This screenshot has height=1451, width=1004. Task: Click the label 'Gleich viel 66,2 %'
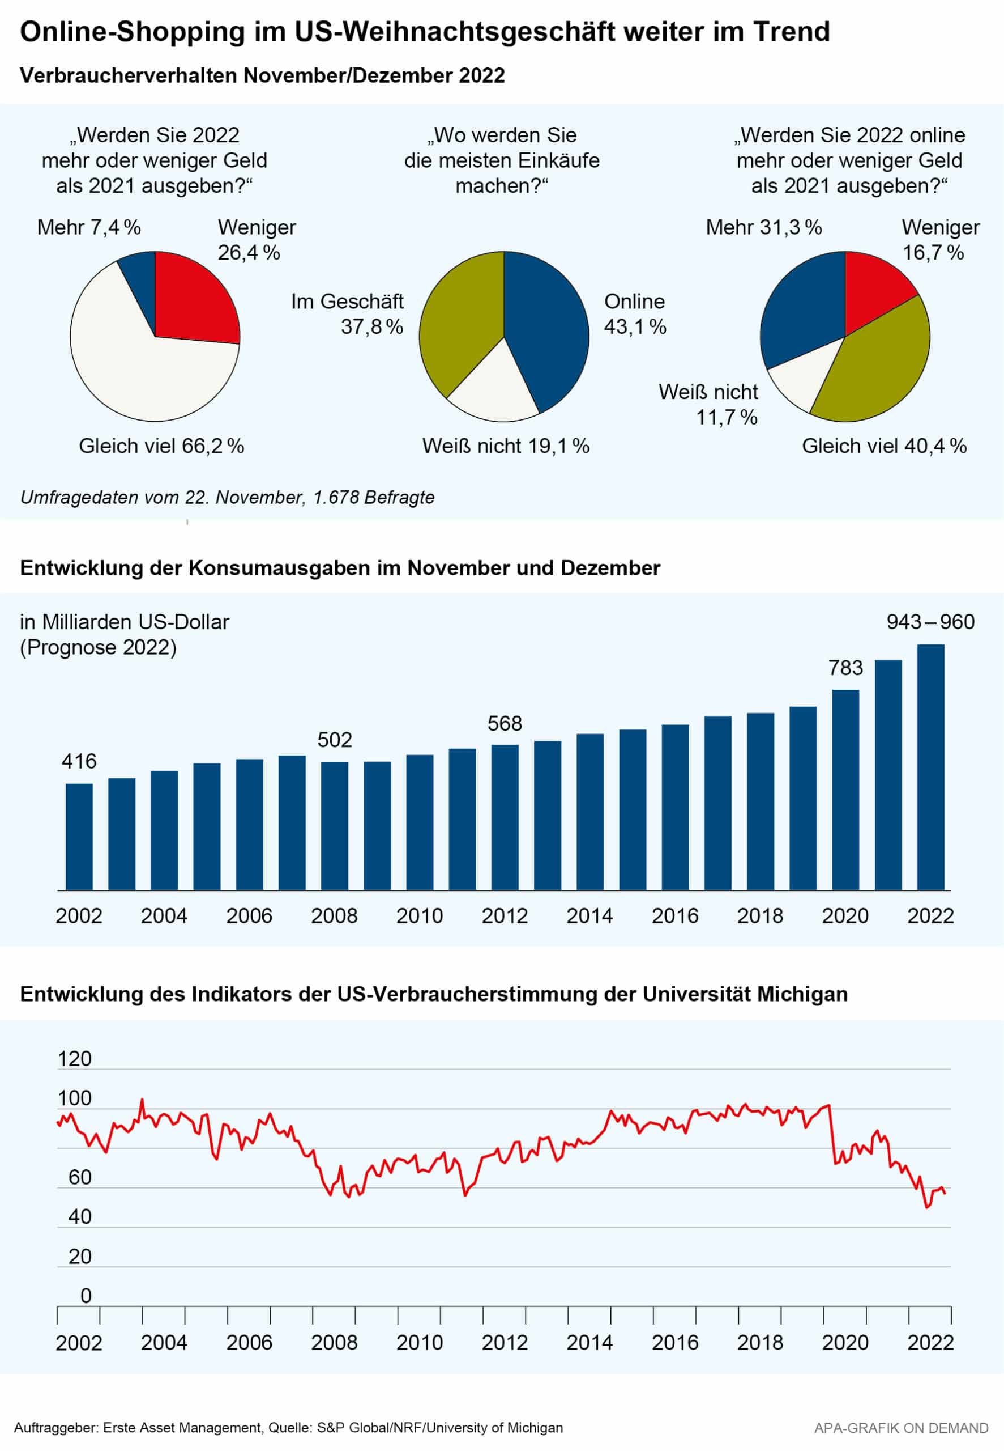click(161, 446)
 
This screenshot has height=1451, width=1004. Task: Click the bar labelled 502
click(335, 825)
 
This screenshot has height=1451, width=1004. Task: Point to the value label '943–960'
click(930, 622)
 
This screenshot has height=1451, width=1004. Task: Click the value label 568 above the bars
click(505, 723)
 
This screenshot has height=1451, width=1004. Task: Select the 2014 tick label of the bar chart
click(589, 915)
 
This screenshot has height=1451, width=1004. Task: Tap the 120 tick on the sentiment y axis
click(75, 1058)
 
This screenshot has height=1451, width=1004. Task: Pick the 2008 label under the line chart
click(334, 1343)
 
